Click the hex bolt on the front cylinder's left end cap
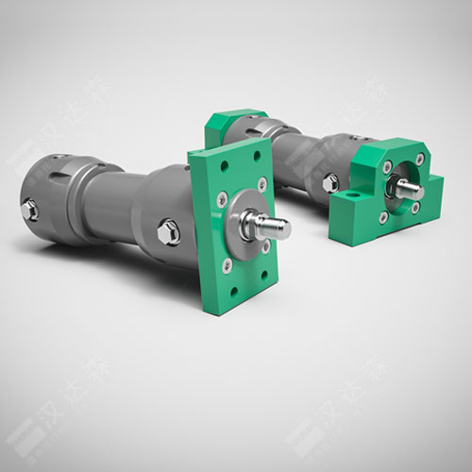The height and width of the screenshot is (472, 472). pyautogui.click(x=30, y=210)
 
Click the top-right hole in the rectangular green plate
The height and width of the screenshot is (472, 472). pyautogui.click(x=261, y=182)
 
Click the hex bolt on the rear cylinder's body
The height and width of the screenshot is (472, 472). pyautogui.click(x=331, y=183)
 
